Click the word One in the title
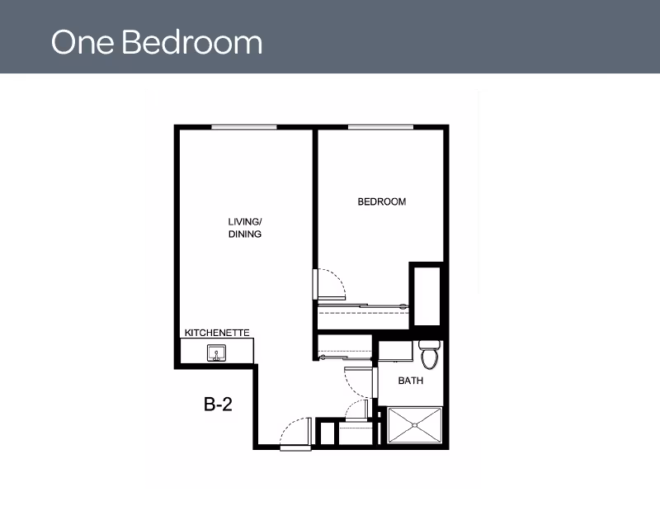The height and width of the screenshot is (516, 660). coord(82,42)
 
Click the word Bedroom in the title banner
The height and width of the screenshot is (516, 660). coord(192,42)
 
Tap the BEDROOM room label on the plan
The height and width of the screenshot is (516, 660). coord(382,201)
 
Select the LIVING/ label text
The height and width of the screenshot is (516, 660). coord(245,221)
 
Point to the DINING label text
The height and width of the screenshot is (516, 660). coord(245,234)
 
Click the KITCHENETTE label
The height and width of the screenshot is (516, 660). coord(217,333)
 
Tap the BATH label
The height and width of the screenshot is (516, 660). coord(410,381)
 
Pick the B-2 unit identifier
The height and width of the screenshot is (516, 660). coord(218,405)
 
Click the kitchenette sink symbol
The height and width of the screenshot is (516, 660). coord(216,353)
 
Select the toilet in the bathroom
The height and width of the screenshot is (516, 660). coord(429,355)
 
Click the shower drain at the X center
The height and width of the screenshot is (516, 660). coord(415,425)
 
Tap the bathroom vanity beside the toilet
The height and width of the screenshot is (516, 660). coord(395,352)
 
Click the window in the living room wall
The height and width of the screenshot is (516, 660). coord(244,127)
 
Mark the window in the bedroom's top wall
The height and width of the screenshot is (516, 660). coord(381,127)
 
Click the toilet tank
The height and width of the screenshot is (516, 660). coord(429,344)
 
